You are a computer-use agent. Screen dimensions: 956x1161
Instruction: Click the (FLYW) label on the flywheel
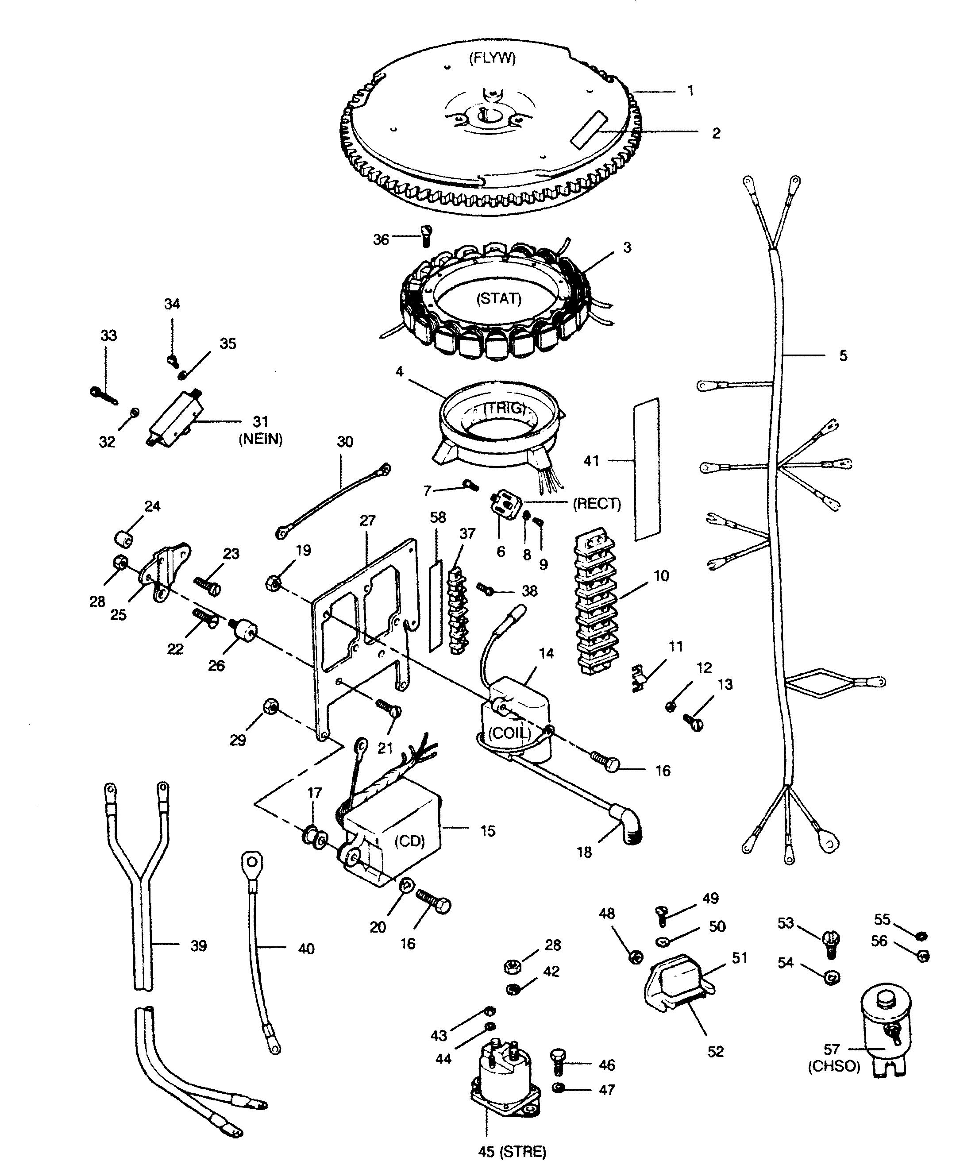492,58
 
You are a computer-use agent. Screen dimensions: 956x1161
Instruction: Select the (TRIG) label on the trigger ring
505,408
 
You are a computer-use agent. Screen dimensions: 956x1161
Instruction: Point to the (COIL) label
509,733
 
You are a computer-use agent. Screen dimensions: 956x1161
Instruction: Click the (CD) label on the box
410,841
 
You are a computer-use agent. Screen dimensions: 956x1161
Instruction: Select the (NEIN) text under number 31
261,439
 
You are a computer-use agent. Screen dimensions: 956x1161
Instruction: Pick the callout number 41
591,460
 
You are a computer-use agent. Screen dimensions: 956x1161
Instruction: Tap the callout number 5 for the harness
843,356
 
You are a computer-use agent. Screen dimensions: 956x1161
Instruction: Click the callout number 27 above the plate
367,521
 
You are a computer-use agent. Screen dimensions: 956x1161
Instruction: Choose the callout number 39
198,945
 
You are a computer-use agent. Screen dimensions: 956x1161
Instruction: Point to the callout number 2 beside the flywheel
716,133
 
